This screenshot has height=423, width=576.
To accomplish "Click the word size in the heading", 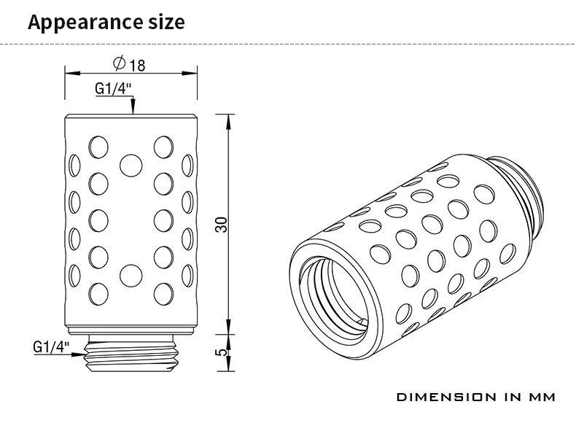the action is [165, 21].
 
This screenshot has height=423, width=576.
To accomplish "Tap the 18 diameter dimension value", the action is [138, 66].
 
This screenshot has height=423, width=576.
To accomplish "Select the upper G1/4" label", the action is [114, 89].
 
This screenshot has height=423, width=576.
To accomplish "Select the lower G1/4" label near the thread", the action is [52, 346].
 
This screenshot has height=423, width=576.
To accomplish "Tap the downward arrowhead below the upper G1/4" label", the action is [132, 110].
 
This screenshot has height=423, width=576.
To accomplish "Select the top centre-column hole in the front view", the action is [131, 164].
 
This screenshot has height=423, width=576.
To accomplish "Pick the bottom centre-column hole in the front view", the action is [131, 275].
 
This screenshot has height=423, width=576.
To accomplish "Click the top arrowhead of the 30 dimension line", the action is [229, 119].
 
